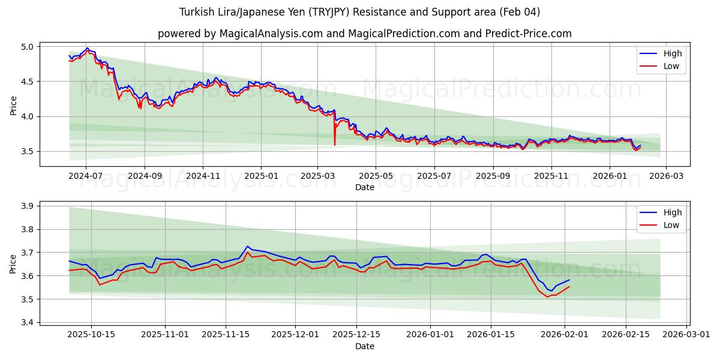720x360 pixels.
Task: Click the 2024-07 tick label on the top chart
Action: (x=86, y=176)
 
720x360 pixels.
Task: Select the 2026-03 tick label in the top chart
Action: (x=667, y=176)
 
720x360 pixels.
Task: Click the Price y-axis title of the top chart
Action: (x=13, y=106)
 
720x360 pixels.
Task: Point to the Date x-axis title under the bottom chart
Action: (x=364, y=346)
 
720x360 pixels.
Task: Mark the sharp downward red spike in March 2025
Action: (x=335, y=144)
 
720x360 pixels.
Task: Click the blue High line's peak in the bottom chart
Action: (x=247, y=246)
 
